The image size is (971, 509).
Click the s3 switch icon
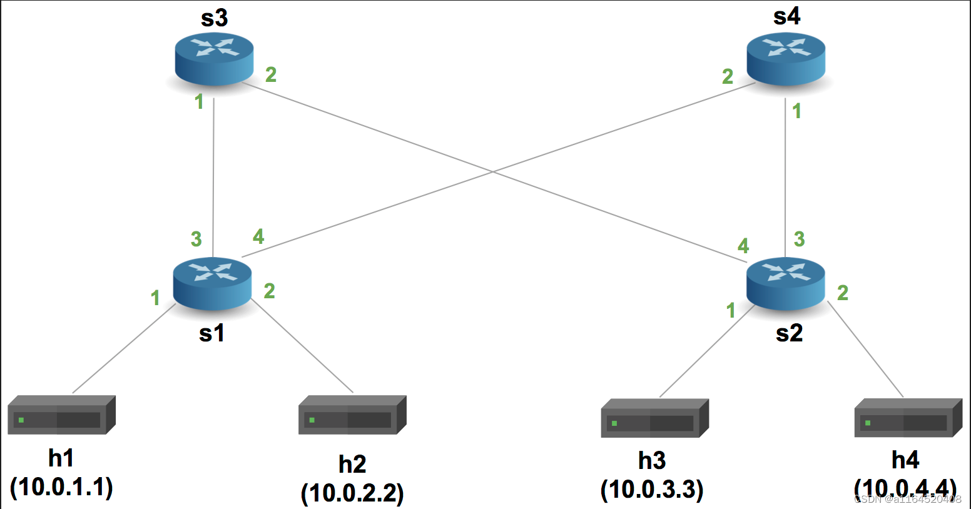point(214,58)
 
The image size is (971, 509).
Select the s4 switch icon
point(786,58)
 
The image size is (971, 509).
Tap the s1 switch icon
point(212,283)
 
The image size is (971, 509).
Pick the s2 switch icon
point(786,283)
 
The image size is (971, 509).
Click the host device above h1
point(61,415)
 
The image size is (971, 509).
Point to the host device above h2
point(352,415)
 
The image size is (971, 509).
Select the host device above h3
point(654,418)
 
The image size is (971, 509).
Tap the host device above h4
point(908,417)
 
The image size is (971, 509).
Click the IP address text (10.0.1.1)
point(61,487)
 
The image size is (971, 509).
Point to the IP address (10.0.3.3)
point(652,490)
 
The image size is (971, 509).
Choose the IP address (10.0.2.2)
point(352,493)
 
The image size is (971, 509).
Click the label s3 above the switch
point(214,19)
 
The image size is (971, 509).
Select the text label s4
point(786,16)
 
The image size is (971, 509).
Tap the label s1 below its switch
point(211,333)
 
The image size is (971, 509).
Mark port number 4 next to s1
point(258,236)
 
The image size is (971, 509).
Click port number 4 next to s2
point(743,246)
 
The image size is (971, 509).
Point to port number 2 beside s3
point(271,75)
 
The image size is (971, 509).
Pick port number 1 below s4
point(796,111)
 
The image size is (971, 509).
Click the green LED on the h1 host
point(21,420)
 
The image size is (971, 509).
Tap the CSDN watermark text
point(907,499)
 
